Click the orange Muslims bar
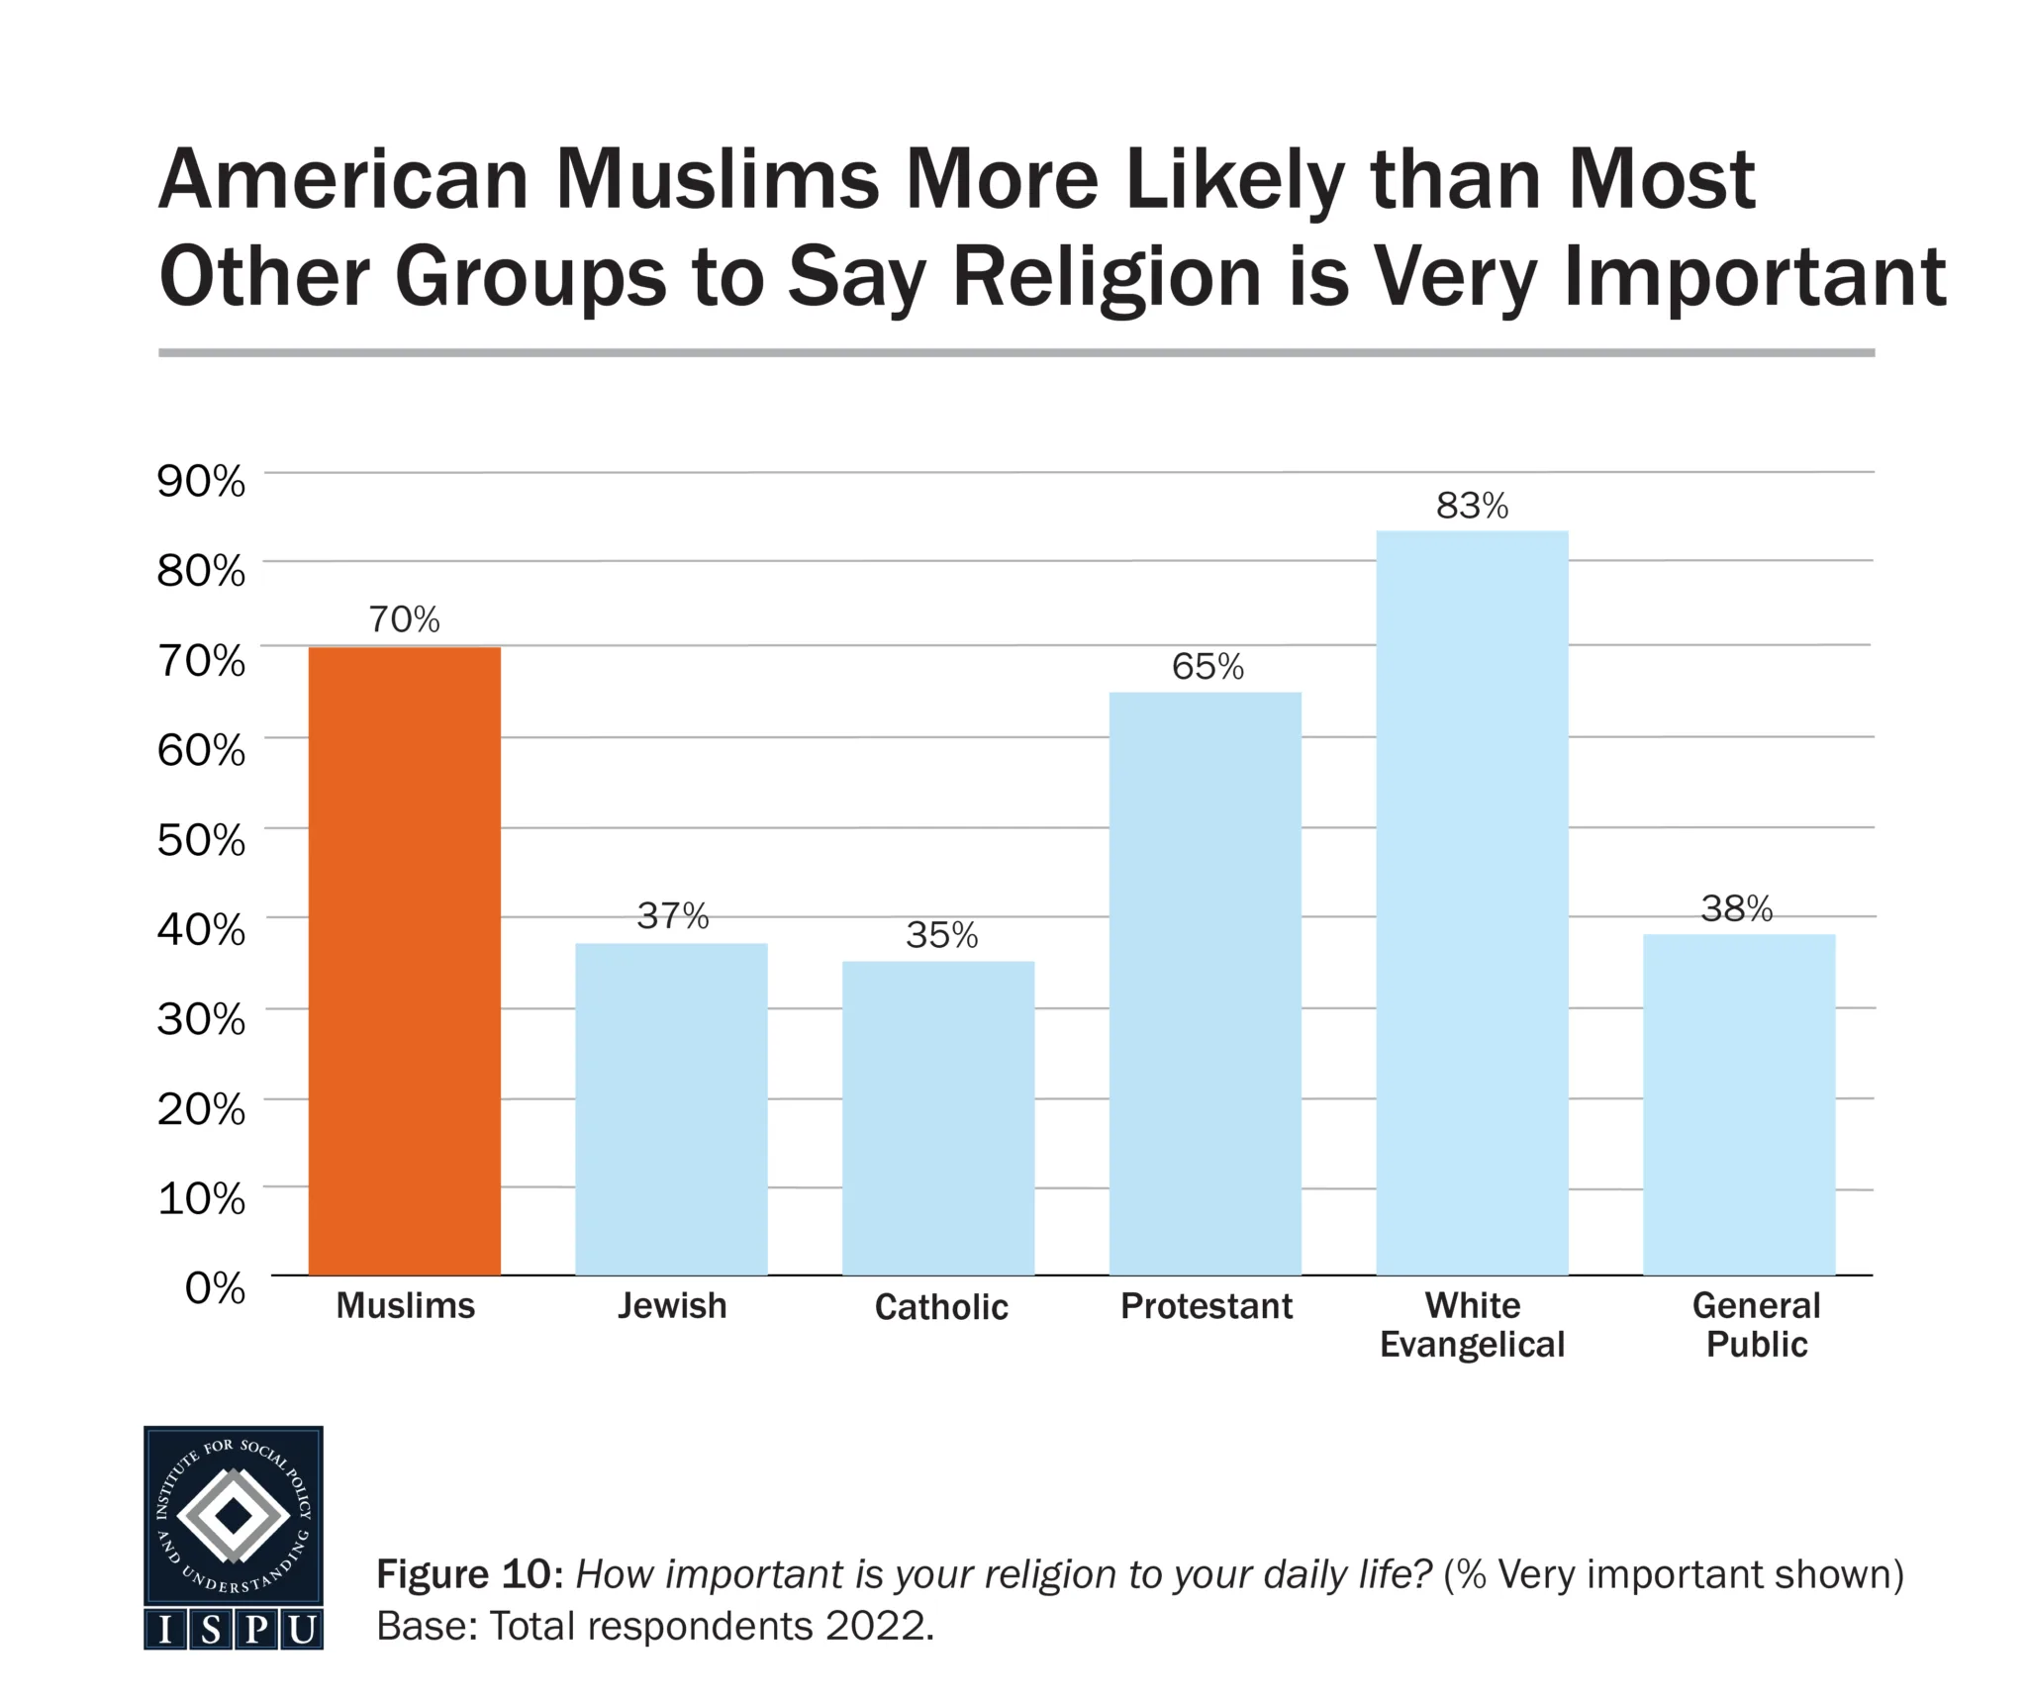pyautogui.click(x=404, y=960)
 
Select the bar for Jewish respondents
pyautogui.click(x=671, y=1108)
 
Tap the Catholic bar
pyautogui.click(x=938, y=1117)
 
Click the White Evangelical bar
pyautogui.click(x=1472, y=902)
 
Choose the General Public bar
pyautogui.click(x=1739, y=1103)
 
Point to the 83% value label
pyautogui.click(x=1472, y=507)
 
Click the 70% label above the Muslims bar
pyautogui.click(x=404, y=620)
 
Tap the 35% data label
pyautogui.click(x=941, y=935)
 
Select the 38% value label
pyautogui.click(x=1737, y=908)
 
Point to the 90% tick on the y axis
pyautogui.click(x=201, y=482)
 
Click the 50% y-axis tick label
pyautogui.click(x=201, y=840)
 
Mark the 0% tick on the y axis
pyautogui.click(x=215, y=1287)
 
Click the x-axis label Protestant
pyautogui.click(x=1207, y=1306)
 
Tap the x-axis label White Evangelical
pyautogui.click(x=1472, y=1325)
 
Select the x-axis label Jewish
pyautogui.click(x=672, y=1306)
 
